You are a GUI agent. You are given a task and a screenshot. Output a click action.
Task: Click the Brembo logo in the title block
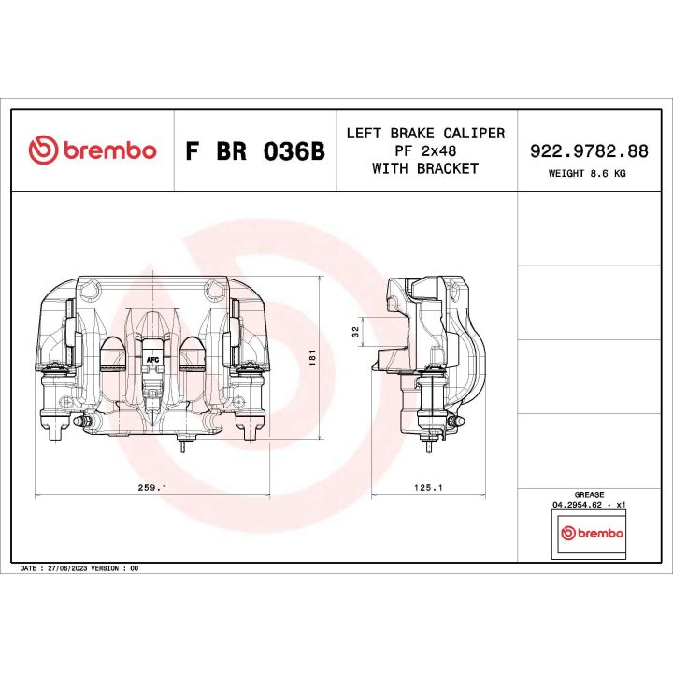coord(92,150)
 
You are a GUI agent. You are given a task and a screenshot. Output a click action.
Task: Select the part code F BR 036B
coord(254,151)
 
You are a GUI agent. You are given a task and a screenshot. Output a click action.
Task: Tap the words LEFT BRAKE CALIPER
coord(425,133)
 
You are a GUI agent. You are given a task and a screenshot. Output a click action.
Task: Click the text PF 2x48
coord(425,150)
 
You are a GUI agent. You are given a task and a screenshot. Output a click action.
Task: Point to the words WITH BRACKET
coord(425,168)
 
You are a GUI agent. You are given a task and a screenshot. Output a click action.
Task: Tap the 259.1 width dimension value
coord(151,487)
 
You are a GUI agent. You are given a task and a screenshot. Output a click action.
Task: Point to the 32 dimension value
coord(355,332)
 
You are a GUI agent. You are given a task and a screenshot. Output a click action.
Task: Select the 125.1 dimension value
coord(427,487)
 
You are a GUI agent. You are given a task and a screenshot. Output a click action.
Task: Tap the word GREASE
coord(589,494)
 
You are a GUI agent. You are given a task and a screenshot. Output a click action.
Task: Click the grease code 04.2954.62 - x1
coord(589,504)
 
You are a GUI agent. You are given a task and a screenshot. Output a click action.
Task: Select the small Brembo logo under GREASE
coord(589,533)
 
